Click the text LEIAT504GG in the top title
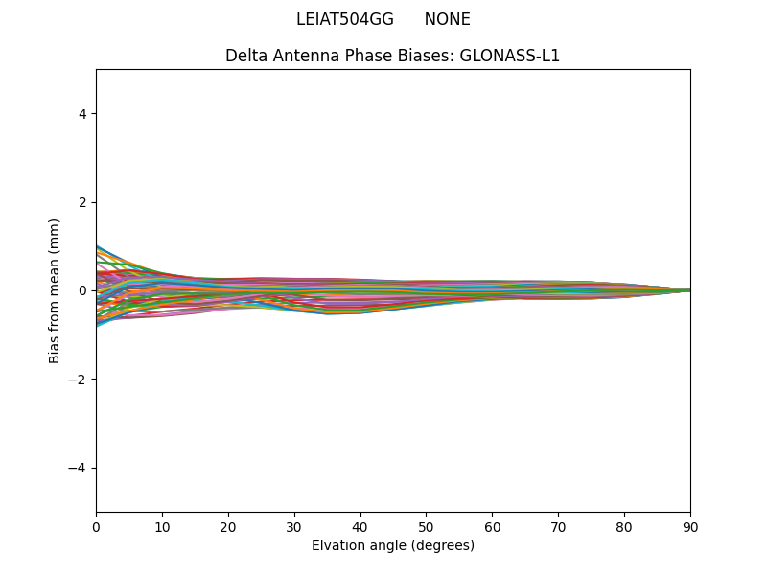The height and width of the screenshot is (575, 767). (x=344, y=19)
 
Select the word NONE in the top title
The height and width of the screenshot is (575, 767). (x=447, y=19)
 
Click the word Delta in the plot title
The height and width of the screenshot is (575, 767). (x=245, y=56)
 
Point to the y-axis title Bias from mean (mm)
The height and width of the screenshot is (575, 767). (x=55, y=290)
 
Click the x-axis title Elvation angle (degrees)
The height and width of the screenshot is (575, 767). (x=393, y=545)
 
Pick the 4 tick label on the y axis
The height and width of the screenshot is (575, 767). (x=82, y=114)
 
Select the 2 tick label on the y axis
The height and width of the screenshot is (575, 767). (x=82, y=202)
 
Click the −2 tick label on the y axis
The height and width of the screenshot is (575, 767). (x=79, y=379)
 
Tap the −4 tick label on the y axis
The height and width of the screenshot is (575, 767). (x=79, y=468)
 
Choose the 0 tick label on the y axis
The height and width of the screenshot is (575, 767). (x=82, y=290)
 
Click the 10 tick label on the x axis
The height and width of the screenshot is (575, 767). (x=162, y=526)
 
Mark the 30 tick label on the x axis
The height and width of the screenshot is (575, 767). (x=294, y=526)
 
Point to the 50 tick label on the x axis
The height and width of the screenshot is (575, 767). (x=426, y=526)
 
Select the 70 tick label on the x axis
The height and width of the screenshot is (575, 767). (x=558, y=526)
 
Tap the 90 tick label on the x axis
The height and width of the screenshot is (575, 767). (x=690, y=526)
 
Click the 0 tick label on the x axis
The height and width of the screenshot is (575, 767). (x=96, y=526)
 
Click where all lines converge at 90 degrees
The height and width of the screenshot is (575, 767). (x=689, y=290)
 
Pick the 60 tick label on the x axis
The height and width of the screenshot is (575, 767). (x=492, y=526)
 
